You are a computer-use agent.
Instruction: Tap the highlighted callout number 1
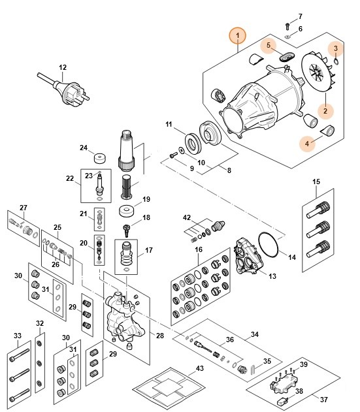click(239, 35)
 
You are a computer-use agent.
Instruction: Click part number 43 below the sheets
click(200, 370)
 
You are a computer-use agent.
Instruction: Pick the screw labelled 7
click(287, 25)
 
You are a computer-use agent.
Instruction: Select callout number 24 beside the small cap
click(84, 148)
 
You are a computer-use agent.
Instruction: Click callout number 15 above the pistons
click(316, 181)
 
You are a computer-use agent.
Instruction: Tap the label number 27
click(23, 208)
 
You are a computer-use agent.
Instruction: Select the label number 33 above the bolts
click(17, 336)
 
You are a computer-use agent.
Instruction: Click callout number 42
click(187, 217)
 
